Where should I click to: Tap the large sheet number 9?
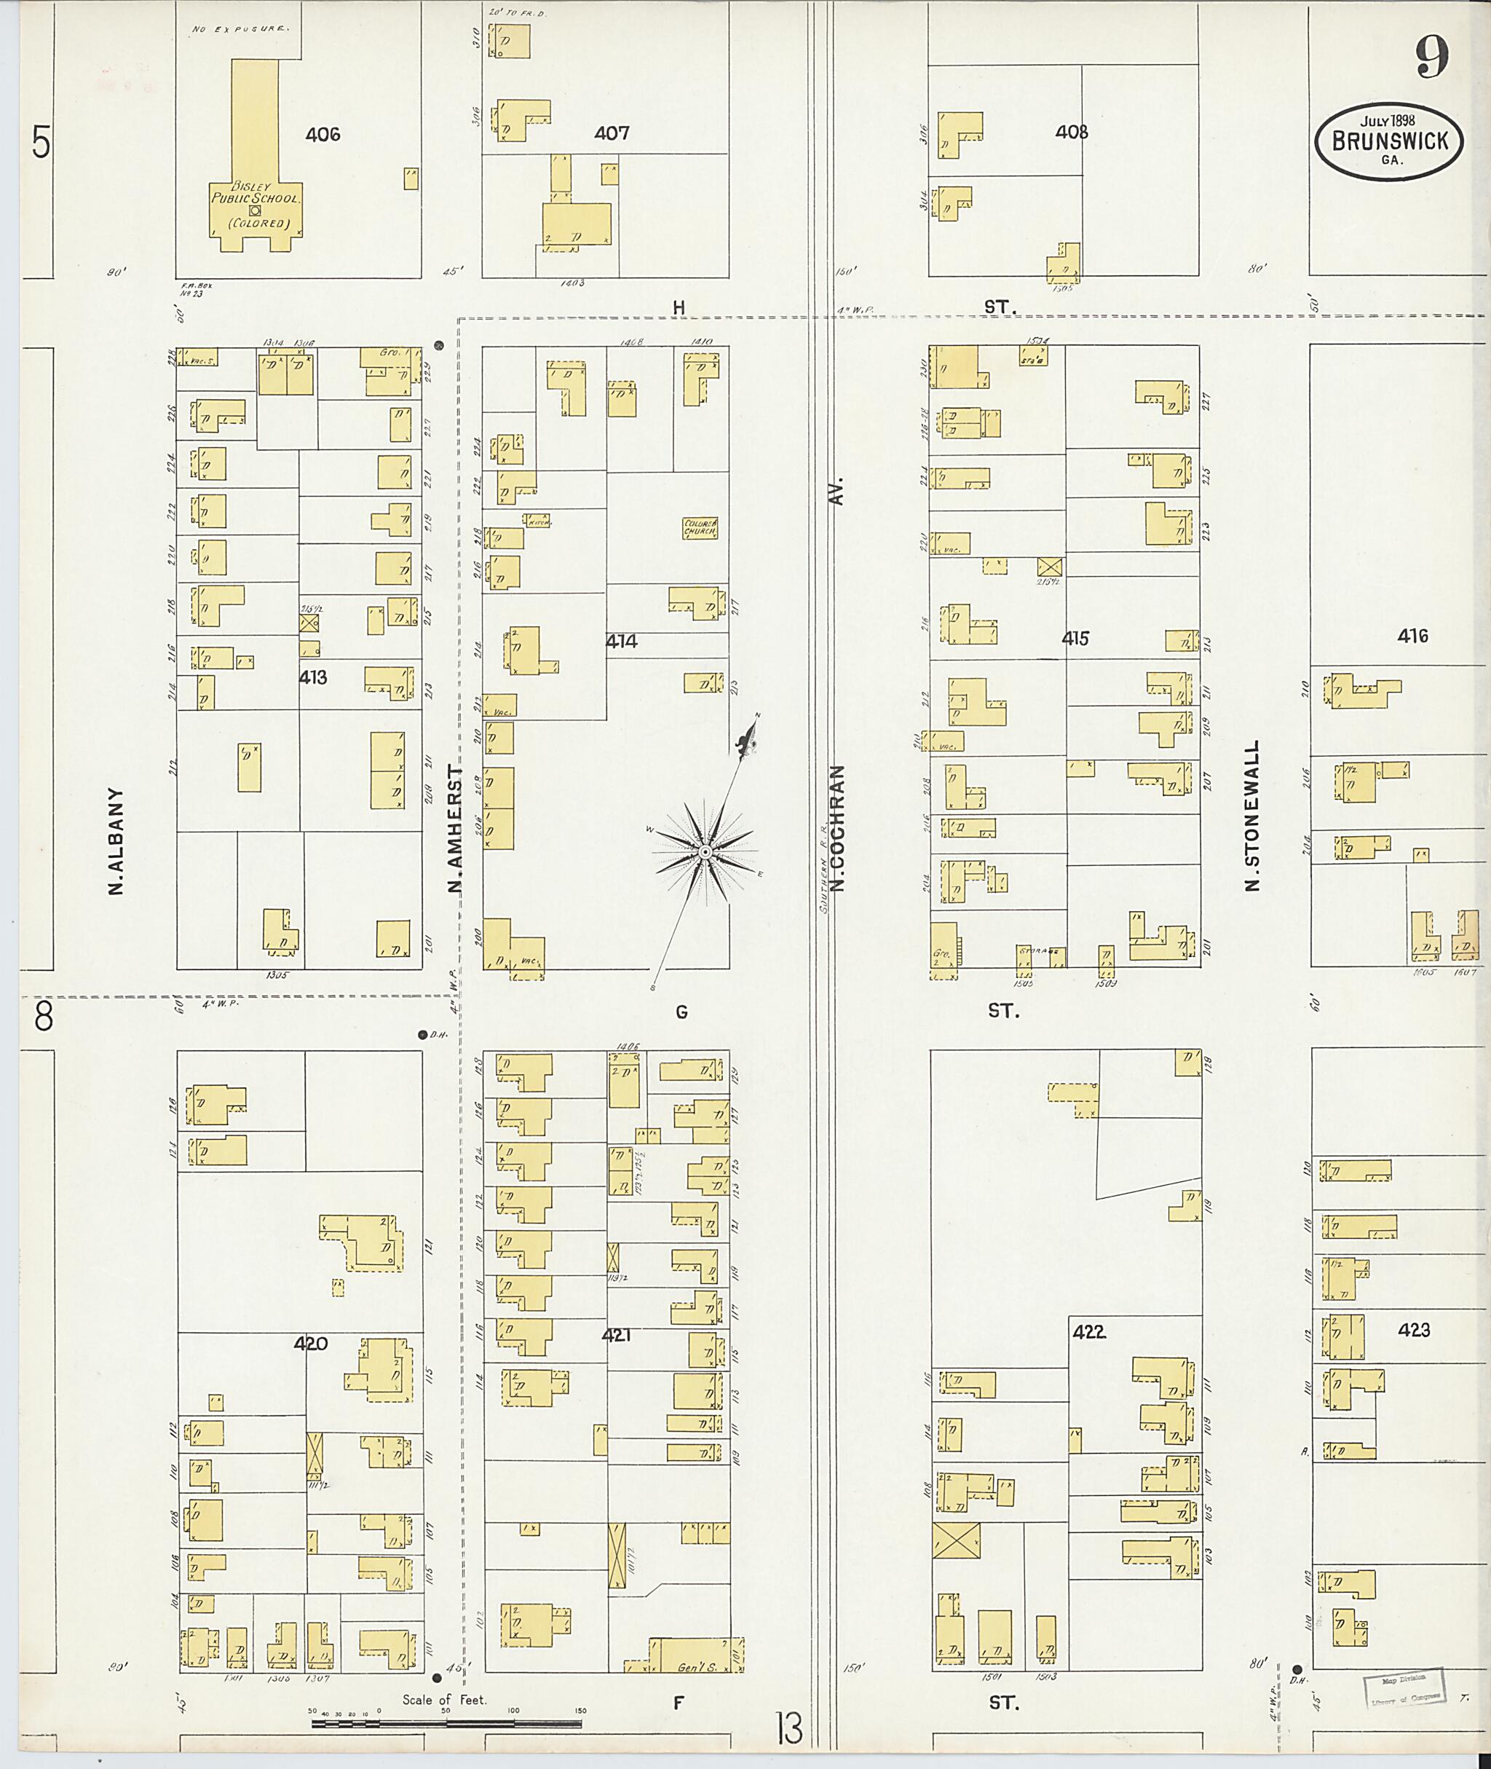(x=1432, y=58)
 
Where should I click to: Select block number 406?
(x=323, y=133)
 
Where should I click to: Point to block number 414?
(x=621, y=641)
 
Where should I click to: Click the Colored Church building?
(x=700, y=529)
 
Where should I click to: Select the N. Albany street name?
(x=116, y=841)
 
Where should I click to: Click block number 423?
(x=1413, y=1330)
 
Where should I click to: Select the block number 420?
(x=310, y=1343)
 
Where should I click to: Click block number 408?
(x=1071, y=132)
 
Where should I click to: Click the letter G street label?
(x=681, y=1012)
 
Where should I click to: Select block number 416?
(x=1412, y=636)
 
